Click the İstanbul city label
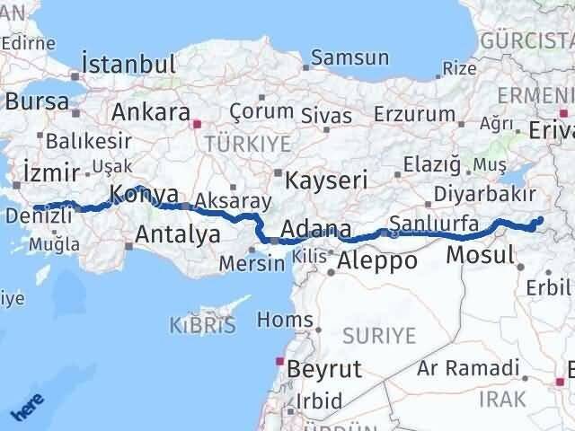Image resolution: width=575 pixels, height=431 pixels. click(128, 65)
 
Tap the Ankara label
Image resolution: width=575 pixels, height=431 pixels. click(150, 113)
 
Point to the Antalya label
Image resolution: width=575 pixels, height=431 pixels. click(178, 235)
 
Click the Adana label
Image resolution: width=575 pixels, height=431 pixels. click(315, 230)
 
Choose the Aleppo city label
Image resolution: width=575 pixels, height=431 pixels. click(376, 261)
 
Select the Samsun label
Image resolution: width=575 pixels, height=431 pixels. click(350, 58)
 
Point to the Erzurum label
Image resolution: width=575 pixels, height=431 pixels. click(415, 114)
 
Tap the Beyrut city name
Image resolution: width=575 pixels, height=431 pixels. click(323, 368)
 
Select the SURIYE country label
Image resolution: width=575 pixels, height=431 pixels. click(378, 336)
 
